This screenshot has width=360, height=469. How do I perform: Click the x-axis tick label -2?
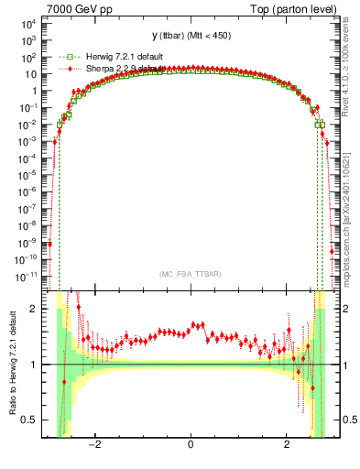(93, 446)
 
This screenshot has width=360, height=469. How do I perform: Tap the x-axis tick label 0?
(190, 446)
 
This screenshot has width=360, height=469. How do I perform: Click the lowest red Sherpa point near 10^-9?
(49, 243)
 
